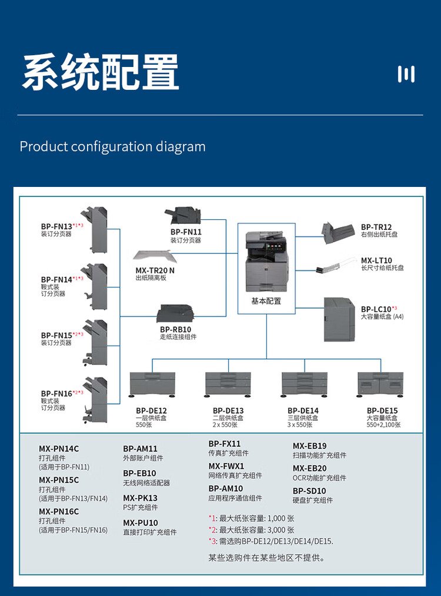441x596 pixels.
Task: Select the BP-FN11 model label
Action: [x=186, y=232]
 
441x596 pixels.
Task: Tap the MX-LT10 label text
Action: [x=376, y=260]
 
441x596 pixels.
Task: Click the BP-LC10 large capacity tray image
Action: [x=340, y=319]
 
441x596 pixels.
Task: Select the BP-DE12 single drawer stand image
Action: [x=152, y=385]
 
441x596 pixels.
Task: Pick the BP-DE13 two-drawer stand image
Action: [x=228, y=385]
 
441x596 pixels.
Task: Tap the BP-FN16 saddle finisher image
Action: [x=96, y=400]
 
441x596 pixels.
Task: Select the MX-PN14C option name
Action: [x=59, y=449]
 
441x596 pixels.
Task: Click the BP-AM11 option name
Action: [x=140, y=448]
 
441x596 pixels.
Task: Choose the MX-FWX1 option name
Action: [x=226, y=466]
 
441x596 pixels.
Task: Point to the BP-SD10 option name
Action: [x=309, y=491]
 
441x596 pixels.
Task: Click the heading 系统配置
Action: [x=101, y=73]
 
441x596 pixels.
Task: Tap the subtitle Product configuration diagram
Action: [x=112, y=146]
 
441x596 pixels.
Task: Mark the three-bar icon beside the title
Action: [x=406, y=74]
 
